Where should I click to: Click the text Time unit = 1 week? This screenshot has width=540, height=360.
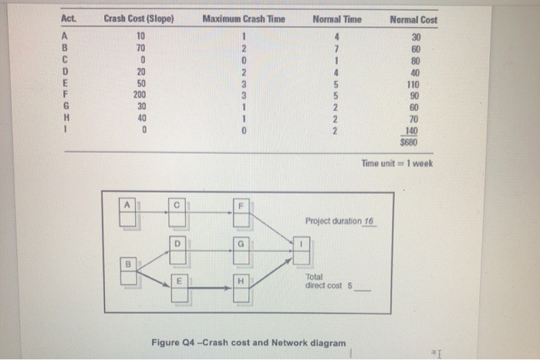[396, 162]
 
